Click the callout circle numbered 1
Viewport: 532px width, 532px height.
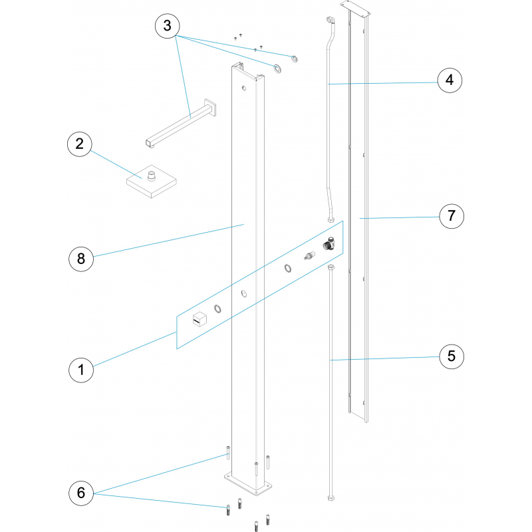81,370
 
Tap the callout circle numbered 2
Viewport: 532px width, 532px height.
80,144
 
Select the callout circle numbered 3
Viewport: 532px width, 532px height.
168,26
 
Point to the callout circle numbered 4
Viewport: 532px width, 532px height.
450,80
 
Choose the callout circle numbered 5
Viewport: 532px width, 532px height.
452,356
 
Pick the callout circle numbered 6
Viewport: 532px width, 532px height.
81,493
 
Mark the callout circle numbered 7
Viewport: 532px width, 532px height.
452,216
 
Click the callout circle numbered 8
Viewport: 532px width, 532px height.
81,259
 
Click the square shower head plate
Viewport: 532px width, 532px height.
152,182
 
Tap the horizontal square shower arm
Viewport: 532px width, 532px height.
181,123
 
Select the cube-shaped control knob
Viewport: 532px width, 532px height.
199,319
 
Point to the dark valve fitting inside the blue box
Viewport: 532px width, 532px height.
329,243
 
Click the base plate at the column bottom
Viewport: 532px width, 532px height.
248,484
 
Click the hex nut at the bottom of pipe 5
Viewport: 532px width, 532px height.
331,498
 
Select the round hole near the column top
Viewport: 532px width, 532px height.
244,88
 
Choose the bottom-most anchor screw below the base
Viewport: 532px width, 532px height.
256,526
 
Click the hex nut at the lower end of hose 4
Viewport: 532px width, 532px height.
331,220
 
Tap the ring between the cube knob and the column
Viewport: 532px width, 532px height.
218,309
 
